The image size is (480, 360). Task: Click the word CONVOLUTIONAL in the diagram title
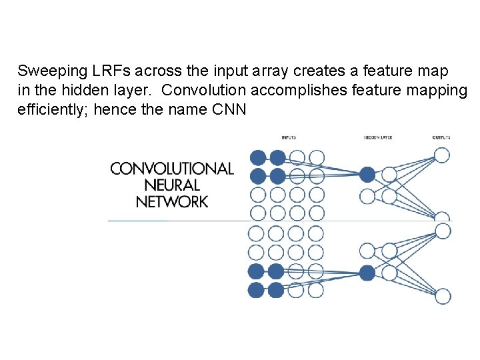[x=172, y=169]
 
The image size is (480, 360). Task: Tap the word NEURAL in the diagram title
[x=172, y=185]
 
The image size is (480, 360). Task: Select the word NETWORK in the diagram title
[x=172, y=201]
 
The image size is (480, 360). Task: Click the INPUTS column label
[x=289, y=138]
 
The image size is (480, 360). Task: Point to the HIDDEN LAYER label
[x=378, y=138]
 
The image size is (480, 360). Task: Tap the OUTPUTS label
[x=441, y=138]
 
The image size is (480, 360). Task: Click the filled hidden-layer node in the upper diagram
[x=367, y=175]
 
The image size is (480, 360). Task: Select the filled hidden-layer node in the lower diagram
[x=367, y=272]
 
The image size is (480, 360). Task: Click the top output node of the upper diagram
[x=442, y=155]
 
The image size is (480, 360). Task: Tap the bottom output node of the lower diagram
[x=442, y=296]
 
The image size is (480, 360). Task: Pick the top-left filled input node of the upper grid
[x=257, y=158]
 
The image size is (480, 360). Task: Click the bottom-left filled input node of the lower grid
[x=256, y=290]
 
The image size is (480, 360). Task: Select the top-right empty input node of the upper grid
[x=317, y=158]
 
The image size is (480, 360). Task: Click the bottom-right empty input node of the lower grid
[x=316, y=290]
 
